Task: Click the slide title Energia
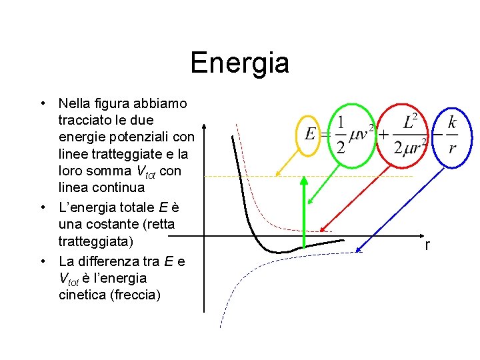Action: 239,63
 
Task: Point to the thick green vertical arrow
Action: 304,213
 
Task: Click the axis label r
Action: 427,246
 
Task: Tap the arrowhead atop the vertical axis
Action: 204,127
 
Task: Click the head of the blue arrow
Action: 359,251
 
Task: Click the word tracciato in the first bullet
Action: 86,121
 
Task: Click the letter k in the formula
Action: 452,122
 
